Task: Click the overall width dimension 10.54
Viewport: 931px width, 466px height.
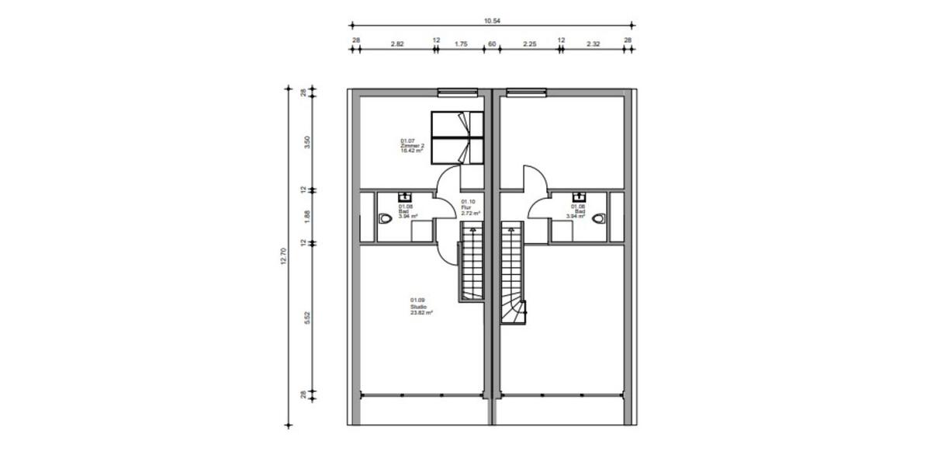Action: point(491,20)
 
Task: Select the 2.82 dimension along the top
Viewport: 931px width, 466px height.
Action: point(396,44)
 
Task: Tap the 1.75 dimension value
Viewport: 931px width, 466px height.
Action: point(460,44)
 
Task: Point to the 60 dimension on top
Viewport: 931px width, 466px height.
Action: point(491,44)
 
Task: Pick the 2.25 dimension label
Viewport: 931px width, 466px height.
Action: point(529,44)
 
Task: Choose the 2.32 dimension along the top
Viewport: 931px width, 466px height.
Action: point(594,44)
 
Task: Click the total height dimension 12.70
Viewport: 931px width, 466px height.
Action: point(284,256)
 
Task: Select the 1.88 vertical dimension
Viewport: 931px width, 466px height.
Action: point(307,217)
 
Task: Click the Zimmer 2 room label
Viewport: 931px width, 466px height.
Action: point(411,146)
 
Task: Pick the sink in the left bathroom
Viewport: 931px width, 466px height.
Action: point(404,196)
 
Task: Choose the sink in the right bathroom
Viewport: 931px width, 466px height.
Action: point(579,196)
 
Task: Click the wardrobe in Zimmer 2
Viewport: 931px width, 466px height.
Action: point(457,137)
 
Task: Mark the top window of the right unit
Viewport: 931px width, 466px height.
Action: point(526,92)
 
